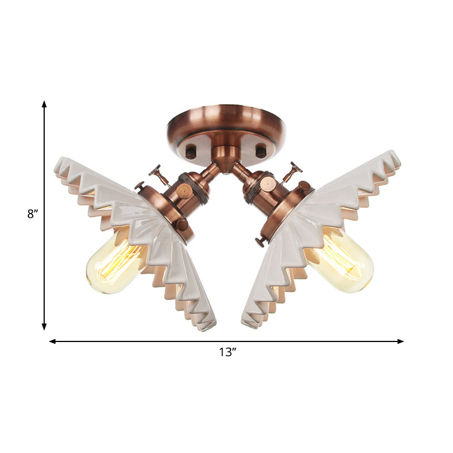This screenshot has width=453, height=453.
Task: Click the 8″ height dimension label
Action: [32, 215]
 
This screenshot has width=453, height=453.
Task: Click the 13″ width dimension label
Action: [227, 352]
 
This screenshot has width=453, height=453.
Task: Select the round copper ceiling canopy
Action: [226, 127]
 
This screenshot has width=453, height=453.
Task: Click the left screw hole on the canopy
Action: [191, 152]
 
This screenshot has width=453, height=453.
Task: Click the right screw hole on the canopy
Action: [260, 152]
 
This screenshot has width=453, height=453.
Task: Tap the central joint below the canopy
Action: [226, 155]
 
